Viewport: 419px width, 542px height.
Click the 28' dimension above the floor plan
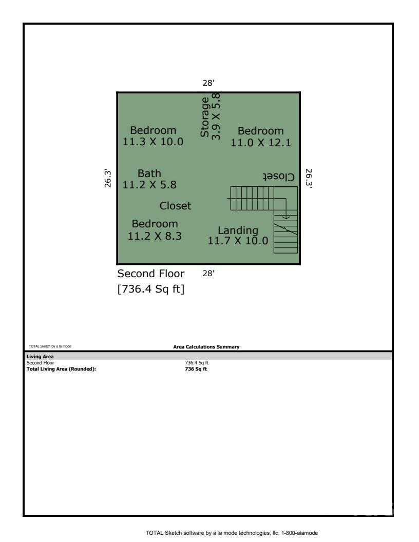(x=208, y=83)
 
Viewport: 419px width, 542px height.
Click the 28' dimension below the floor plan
(x=208, y=274)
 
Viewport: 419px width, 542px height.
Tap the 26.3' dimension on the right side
(x=309, y=178)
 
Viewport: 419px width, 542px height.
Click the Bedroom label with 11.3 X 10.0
(x=153, y=136)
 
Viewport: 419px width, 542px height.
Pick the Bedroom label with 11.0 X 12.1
(x=261, y=137)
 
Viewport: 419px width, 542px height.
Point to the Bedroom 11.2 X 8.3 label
(x=155, y=230)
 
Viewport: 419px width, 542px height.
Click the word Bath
(x=149, y=173)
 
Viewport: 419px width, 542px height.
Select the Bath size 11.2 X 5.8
(x=150, y=185)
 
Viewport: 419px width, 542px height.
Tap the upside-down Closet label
(x=279, y=177)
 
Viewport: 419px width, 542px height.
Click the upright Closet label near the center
(x=176, y=206)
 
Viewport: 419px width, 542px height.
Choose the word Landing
(x=238, y=230)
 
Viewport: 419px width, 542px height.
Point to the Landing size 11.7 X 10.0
(x=238, y=241)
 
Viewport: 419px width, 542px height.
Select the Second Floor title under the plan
(x=151, y=273)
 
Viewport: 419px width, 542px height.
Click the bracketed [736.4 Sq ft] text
(x=151, y=290)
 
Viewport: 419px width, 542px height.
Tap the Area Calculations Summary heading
(x=206, y=347)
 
